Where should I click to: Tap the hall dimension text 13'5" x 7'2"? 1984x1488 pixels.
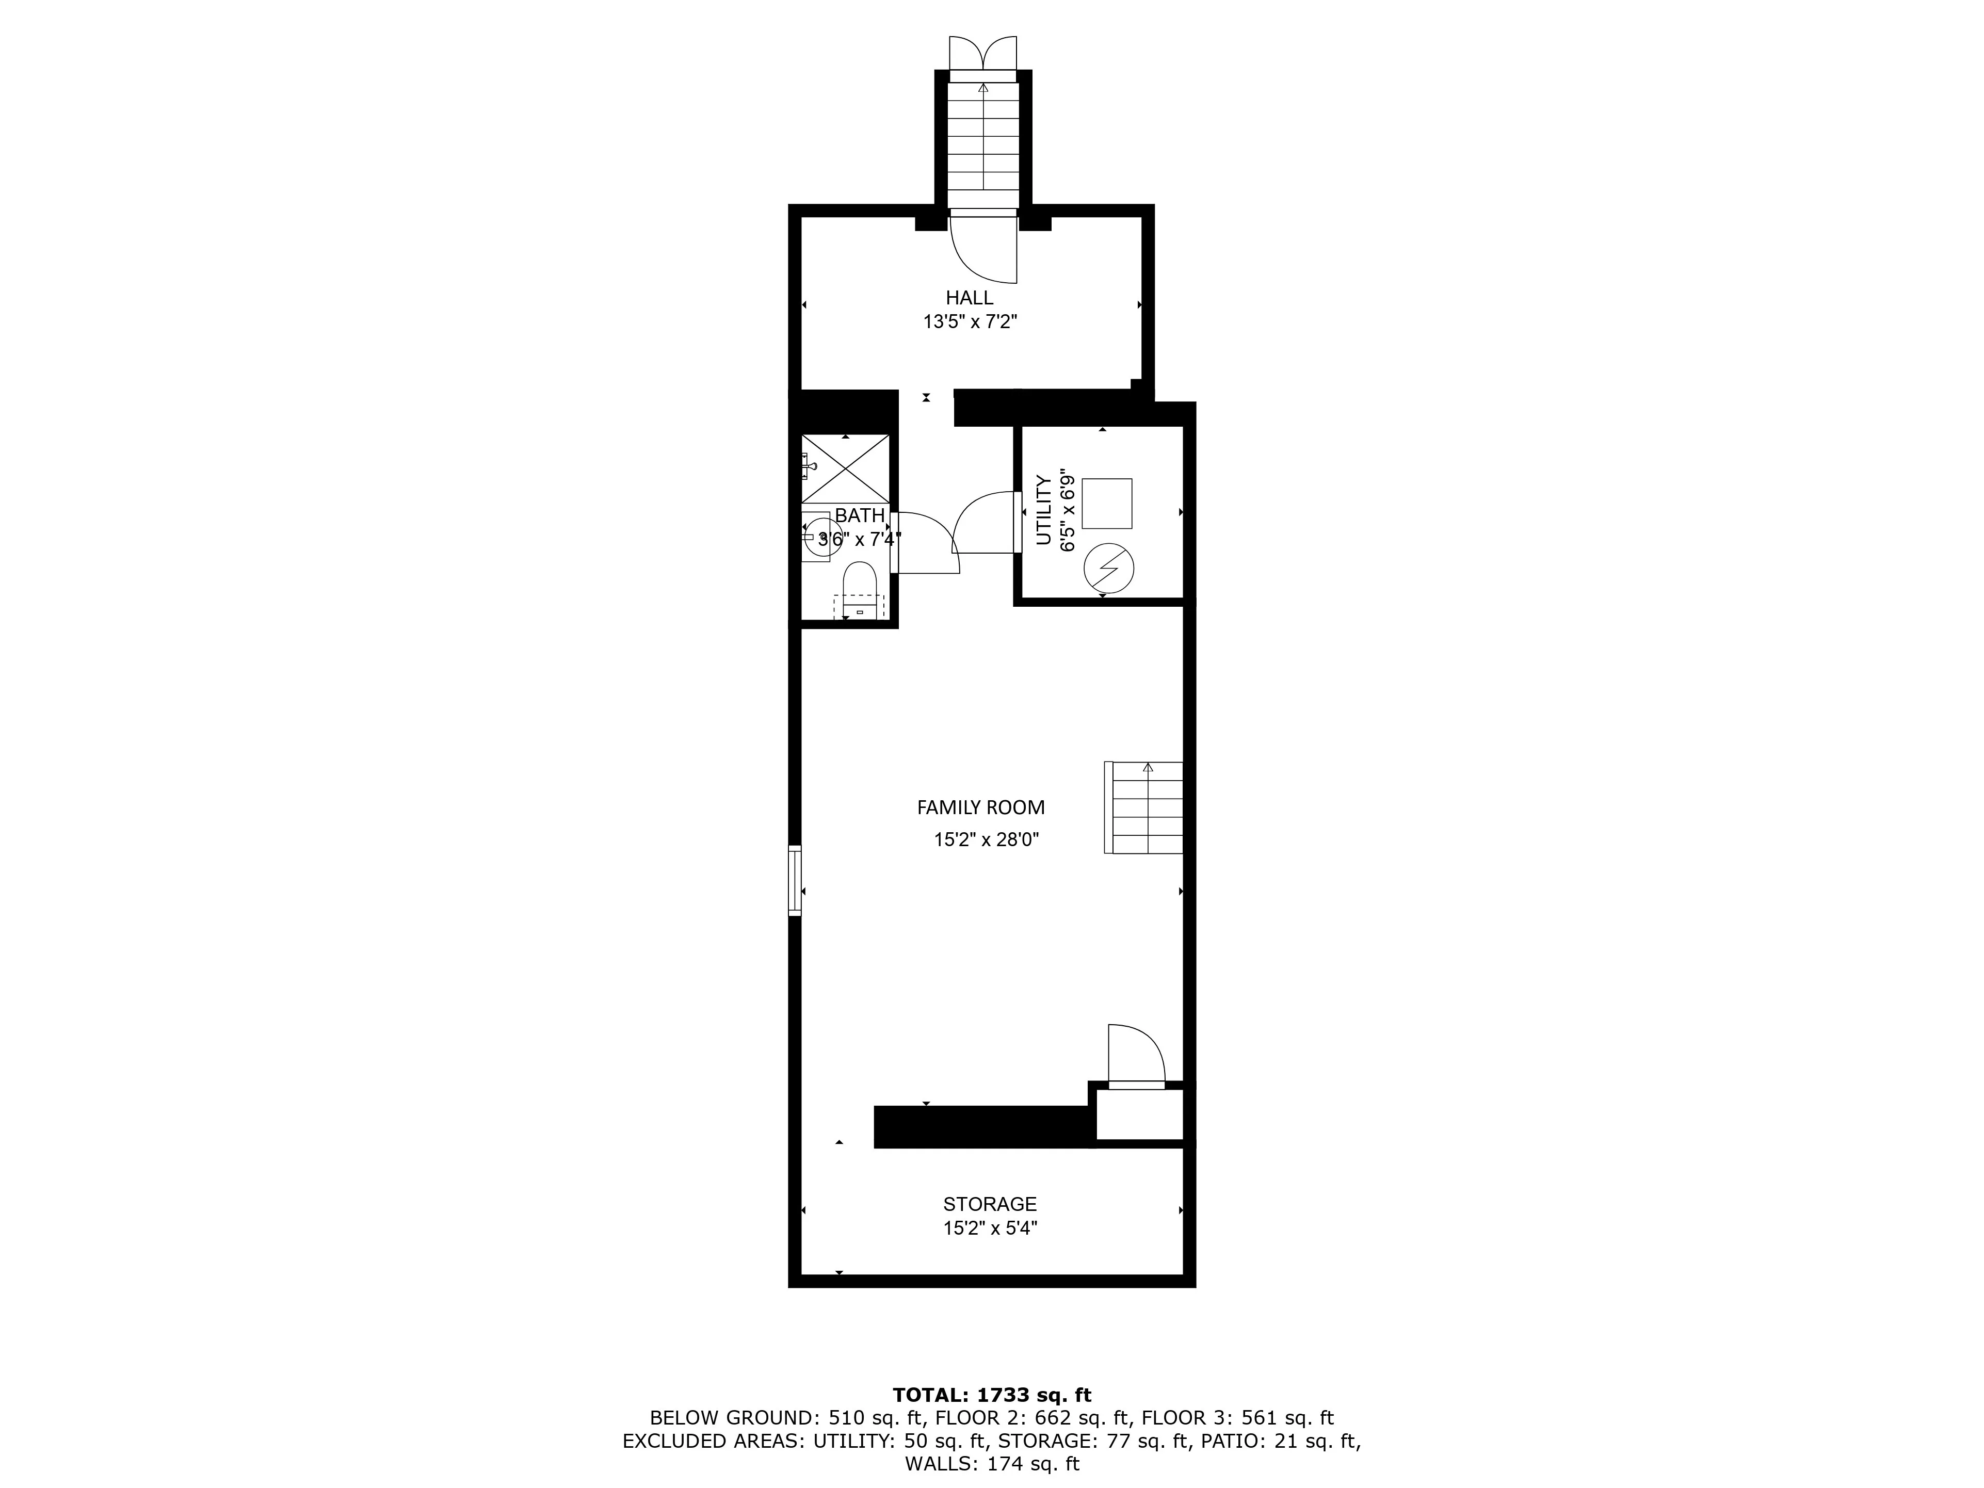pyautogui.click(x=970, y=322)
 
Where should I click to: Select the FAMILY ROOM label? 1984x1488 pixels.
pyautogui.click(x=980, y=807)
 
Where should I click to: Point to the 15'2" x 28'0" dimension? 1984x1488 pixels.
pyautogui.click(x=986, y=840)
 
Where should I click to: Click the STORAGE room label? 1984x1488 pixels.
pyautogui.click(x=989, y=1204)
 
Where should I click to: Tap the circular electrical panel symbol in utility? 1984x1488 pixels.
pyautogui.click(x=1108, y=567)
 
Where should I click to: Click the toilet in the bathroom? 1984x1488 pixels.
pyautogui.click(x=859, y=588)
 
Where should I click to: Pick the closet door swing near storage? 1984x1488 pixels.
pyautogui.click(x=1136, y=1055)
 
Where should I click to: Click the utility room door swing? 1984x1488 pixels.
pyautogui.click(x=985, y=523)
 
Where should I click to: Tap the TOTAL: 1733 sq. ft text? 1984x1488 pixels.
pyautogui.click(x=991, y=1395)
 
